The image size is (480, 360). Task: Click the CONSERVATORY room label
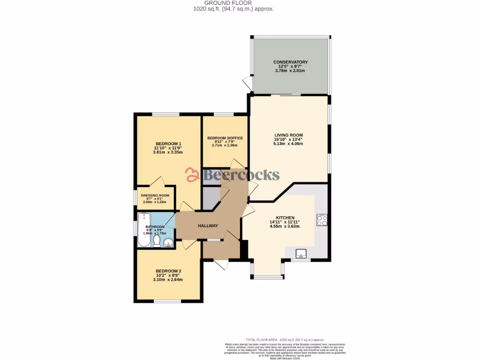coord(290,62)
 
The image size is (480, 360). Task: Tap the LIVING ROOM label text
coord(288,135)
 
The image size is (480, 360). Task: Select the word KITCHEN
coord(285,218)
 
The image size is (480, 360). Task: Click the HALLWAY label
coord(208,226)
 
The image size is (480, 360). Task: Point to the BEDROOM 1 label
coord(168,143)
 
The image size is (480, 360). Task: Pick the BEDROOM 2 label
coord(168,271)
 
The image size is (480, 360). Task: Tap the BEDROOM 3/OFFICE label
coord(225,138)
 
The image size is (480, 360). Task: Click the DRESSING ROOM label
coord(155,195)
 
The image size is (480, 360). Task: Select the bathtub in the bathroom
coord(143,230)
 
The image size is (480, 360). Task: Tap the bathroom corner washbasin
coord(168,242)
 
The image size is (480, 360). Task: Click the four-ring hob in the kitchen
coord(322,220)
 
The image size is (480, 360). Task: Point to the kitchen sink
coord(300,254)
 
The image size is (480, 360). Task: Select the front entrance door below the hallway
coord(220,265)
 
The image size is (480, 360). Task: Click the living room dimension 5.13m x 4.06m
coord(288,144)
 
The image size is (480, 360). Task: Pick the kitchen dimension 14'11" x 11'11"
coord(285,222)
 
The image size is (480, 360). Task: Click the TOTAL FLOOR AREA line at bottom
coord(285,340)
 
